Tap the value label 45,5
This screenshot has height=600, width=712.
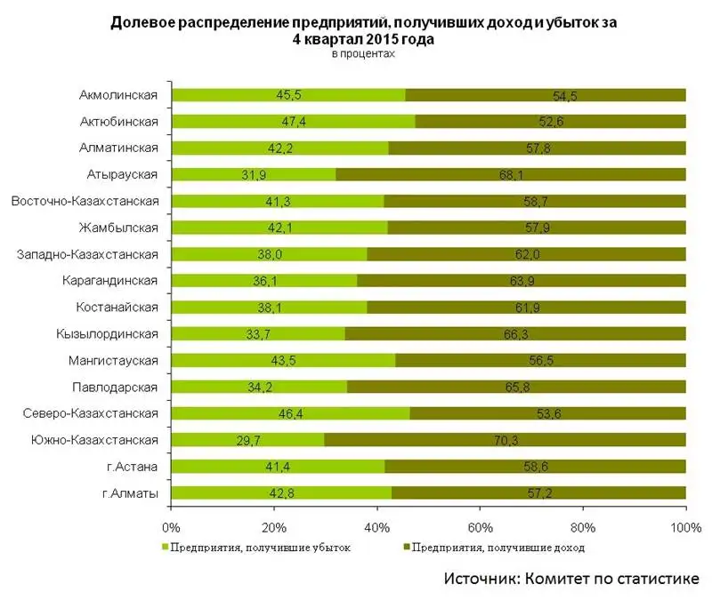click(288, 95)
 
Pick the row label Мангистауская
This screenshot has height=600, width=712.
click(113, 361)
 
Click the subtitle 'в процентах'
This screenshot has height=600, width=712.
click(362, 54)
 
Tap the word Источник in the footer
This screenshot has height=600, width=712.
click(483, 580)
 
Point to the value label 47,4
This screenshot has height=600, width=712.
click(293, 122)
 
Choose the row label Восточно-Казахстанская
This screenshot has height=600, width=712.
click(85, 201)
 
